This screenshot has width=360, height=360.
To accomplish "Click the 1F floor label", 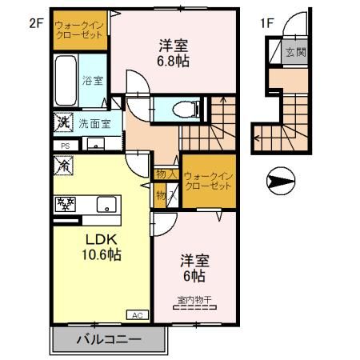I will tap(266, 23).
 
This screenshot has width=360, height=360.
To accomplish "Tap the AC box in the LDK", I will tap(136, 315).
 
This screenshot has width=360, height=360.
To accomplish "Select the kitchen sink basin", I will tap(106, 204).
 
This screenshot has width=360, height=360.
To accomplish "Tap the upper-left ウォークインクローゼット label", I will tap(79, 30).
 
